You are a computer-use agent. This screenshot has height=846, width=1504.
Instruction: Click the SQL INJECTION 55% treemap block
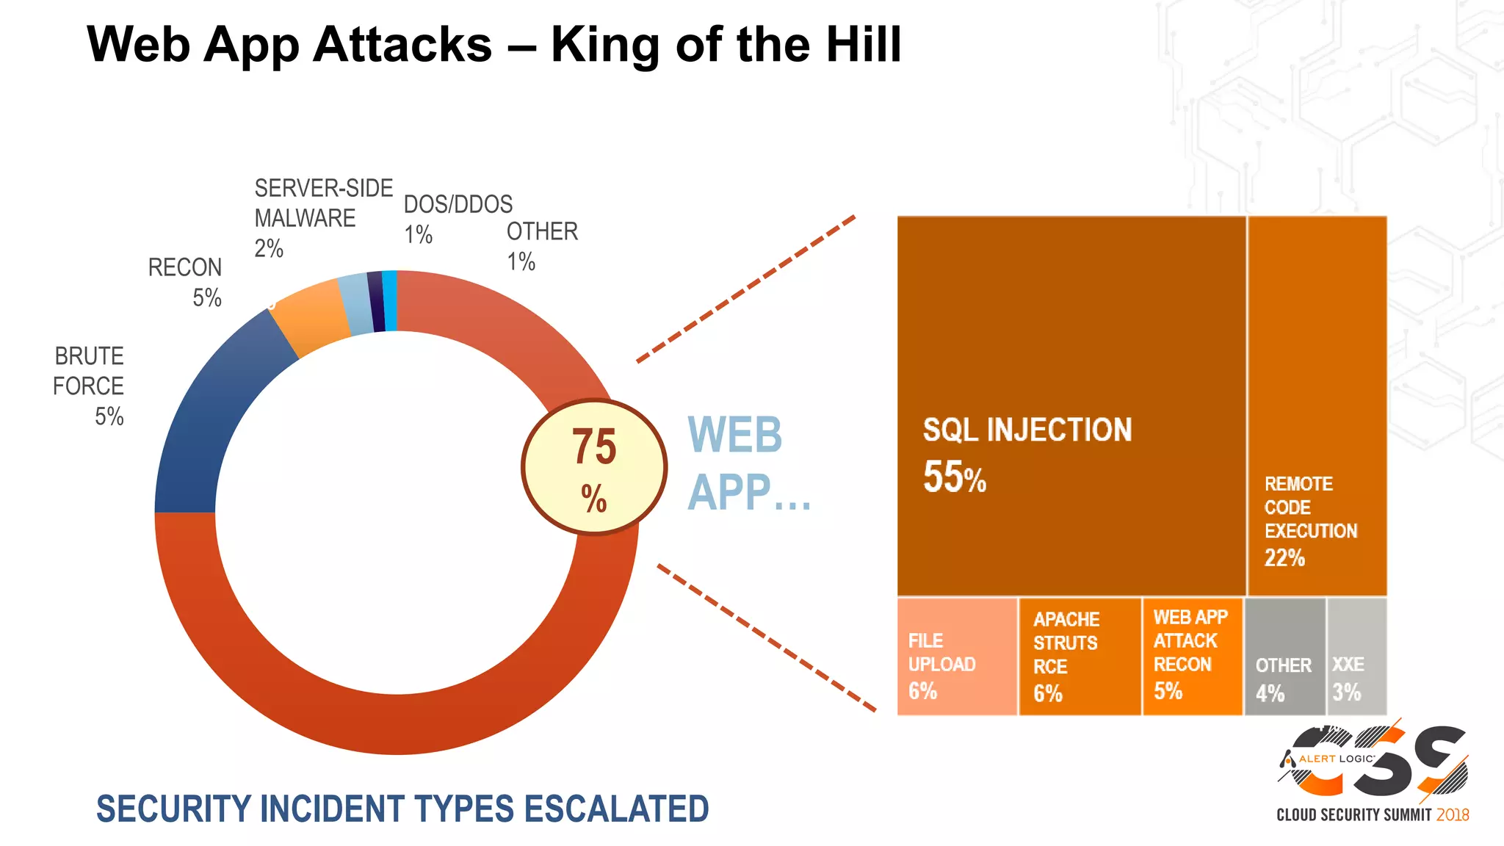click(x=1071, y=405)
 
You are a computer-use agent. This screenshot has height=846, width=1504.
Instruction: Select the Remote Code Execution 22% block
click(x=1317, y=405)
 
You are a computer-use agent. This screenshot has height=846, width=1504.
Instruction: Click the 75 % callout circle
click(x=594, y=467)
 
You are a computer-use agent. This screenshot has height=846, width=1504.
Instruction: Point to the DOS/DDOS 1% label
click(x=457, y=219)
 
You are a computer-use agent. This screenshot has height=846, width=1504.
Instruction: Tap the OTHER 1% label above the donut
click(x=541, y=246)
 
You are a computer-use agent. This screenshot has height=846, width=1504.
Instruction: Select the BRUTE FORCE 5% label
click(x=90, y=386)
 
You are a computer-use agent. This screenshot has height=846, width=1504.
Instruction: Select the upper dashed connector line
click(x=745, y=289)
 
